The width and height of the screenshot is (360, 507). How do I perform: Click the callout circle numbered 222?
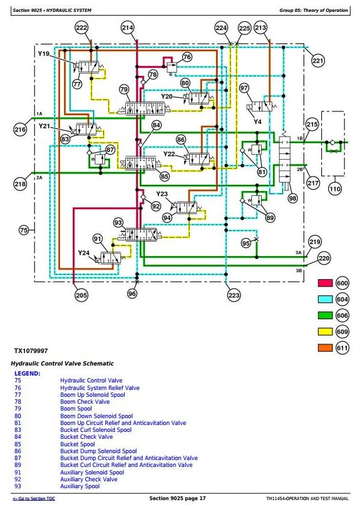point(81,28)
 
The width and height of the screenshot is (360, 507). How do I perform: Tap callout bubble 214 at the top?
point(128,28)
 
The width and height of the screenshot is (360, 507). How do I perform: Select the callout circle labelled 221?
point(317,61)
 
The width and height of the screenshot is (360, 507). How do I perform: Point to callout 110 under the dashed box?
point(335,189)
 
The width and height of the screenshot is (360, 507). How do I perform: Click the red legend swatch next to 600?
point(325,284)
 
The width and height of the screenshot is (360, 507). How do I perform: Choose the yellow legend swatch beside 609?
point(325,332)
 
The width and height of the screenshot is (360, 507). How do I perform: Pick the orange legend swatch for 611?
point(325,348)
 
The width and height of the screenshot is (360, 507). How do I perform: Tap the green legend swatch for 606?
point(325,315)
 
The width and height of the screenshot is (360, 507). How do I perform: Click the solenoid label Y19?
point(44,54)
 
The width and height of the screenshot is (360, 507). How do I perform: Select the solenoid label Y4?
point(257,122)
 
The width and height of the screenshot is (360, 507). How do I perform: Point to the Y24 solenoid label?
point(84,253)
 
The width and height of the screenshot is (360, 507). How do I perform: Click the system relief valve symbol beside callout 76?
point(172,68)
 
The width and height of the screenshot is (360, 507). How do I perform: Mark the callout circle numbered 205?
point(81,295)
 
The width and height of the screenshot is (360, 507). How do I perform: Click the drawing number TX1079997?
point(31,351)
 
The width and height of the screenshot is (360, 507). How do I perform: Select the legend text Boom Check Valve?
point(85,402)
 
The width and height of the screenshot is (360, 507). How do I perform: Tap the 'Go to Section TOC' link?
point(34,499)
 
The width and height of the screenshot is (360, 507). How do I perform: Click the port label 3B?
point(299,270)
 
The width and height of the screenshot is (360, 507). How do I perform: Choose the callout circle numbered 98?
point(292,198)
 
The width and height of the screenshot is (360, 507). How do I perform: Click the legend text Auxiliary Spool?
point(80,486)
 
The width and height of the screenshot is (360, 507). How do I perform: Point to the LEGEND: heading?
point(28,374)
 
